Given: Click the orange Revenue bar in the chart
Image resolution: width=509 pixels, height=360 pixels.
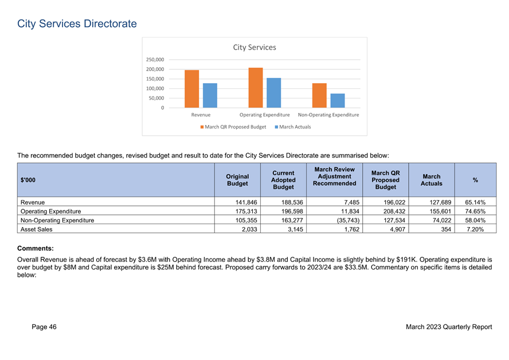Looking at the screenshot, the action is coord(191,89).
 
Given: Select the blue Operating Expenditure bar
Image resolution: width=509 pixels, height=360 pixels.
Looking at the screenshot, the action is coord(273,93).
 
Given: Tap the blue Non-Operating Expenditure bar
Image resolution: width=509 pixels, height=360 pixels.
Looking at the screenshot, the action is coord(338,101).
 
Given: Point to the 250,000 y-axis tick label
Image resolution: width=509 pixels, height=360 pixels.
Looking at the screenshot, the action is coord(155,60).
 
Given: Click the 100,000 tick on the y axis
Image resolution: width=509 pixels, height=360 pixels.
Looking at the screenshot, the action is coord(155,88).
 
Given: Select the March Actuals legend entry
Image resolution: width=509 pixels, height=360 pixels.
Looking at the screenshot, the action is coord(293,127).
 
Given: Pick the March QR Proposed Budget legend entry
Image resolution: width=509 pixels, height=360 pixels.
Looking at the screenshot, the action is coord(233,127).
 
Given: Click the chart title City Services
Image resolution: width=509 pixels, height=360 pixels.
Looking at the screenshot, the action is coord(254,48).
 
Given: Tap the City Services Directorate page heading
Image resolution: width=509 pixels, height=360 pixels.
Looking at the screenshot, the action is coord(77,24).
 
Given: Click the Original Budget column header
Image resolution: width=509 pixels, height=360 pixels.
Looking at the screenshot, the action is coord(238,180).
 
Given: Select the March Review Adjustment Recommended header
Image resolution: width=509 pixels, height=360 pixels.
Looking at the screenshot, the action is coord(334,176).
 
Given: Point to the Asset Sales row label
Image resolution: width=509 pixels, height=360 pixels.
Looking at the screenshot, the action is coord(36,229).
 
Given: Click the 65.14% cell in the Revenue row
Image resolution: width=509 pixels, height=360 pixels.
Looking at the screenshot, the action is coord(475,202).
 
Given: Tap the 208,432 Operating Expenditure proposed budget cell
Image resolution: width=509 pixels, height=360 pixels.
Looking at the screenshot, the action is coord(394,212).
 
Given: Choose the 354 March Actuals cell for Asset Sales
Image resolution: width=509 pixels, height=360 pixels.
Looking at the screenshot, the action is coord(446,229).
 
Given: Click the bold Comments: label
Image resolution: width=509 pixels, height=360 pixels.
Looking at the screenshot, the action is coord(36,248).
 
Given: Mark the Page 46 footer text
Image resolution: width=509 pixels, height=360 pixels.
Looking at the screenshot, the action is coord(44,327).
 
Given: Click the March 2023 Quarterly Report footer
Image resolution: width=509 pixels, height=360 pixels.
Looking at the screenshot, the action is coord(449,327).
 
